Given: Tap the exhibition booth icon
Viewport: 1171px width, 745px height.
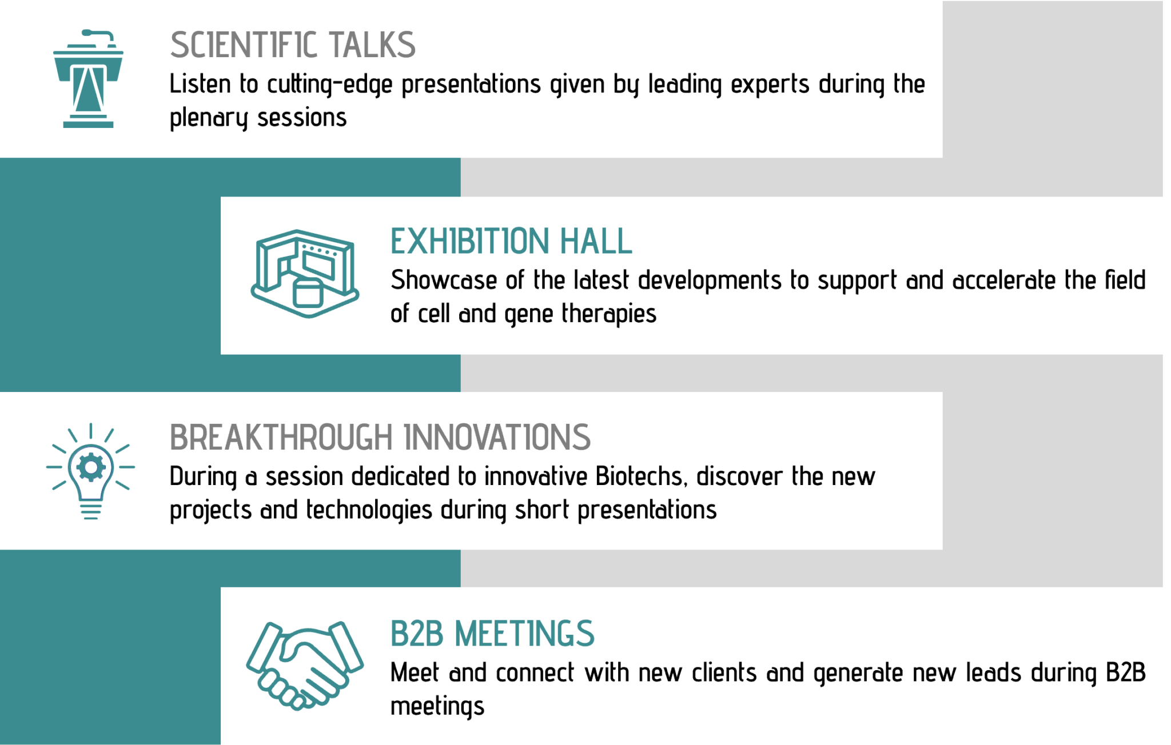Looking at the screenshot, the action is click(x=305, y=273).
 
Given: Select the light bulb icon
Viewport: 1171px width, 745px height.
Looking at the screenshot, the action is click(x=90, y=471).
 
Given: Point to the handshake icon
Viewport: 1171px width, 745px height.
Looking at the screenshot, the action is click(x=305, y=665).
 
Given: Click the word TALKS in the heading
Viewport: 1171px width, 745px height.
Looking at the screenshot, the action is click(x=372, y=45).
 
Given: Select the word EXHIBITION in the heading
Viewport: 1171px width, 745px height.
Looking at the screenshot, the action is click(x=469, y=241).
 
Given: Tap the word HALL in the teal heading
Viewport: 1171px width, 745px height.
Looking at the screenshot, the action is click(x=596, y=241).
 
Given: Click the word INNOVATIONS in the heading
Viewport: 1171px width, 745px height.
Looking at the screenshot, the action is click(x=497, y=438).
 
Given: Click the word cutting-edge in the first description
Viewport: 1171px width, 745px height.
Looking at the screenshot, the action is click(x=330, y=85).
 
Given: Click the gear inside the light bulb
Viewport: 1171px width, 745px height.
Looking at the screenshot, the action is click(x=90, y=467).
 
